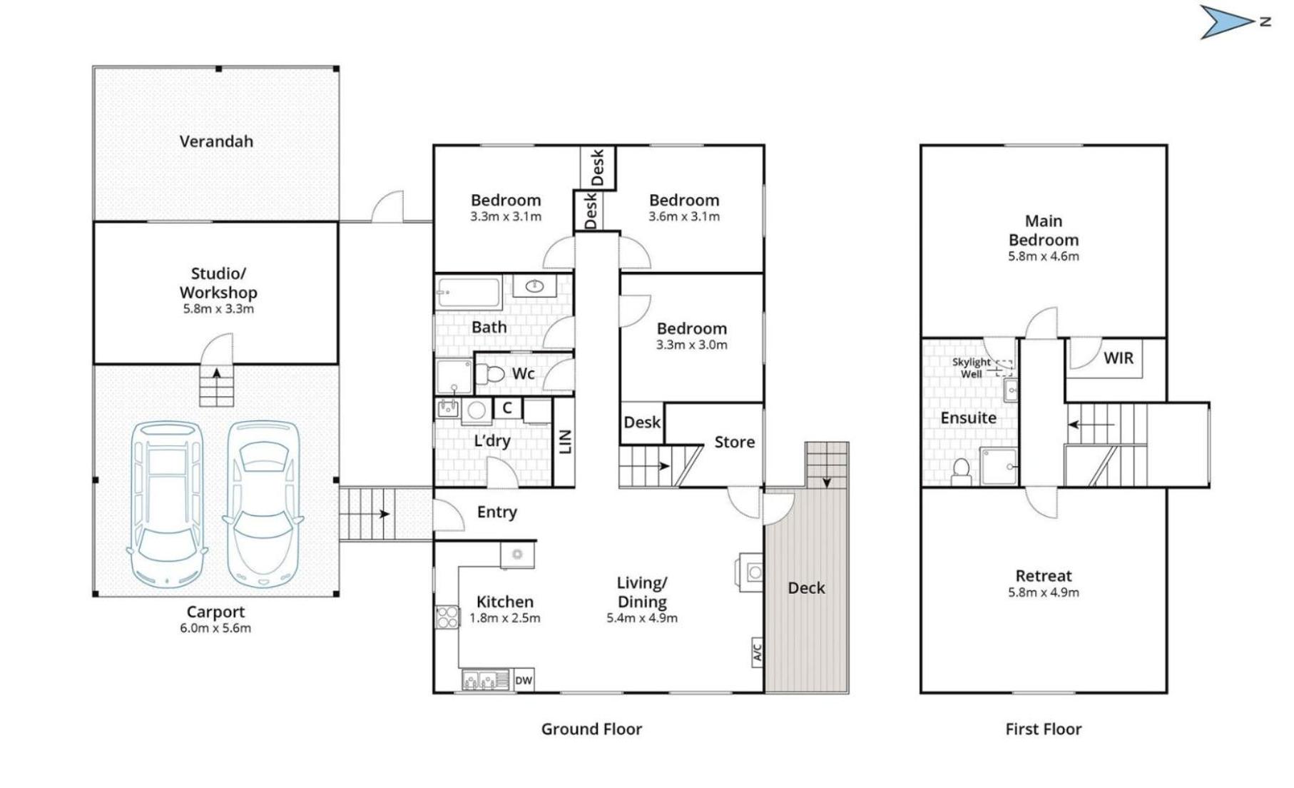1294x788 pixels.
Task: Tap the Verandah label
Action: click(216, 141)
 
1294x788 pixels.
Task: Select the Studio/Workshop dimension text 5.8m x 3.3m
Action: click(218, 309)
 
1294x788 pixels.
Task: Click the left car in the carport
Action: click(166, 502)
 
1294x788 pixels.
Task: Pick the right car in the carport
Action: click(263, 502)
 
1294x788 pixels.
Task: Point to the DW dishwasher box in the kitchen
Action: click(524, 680)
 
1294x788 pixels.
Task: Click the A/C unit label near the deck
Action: click(758, 652)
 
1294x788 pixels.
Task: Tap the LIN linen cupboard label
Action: click(565, 442)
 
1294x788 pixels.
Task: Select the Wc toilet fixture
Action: click(490, 373)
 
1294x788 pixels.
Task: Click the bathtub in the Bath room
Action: click(469, 293)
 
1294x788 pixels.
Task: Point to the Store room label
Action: click(735, 442)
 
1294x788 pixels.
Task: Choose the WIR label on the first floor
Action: click(1119, 358)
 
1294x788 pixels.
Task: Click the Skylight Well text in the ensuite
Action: click(971, 368)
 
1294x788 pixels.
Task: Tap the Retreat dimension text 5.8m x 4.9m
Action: click(1044, 592)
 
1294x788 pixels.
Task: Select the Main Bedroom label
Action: click(1044, 231)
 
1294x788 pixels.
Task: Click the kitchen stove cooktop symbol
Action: click(447, 617)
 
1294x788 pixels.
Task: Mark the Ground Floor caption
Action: click(591, 729)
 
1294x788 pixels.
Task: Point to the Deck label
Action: click(806, 588)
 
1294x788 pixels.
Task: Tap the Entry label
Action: click(497, 512)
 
